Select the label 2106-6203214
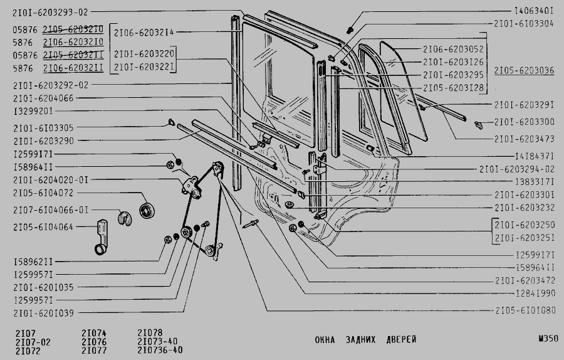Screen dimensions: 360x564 point(144,31)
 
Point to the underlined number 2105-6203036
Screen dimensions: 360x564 point(523,71)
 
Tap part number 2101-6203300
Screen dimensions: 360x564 point(523,122)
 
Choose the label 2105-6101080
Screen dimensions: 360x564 point(525,310)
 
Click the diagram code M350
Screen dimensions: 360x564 point(547,339)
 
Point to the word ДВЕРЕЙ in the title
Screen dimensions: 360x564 point(399,340)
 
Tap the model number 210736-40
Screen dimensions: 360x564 point(159,350)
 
